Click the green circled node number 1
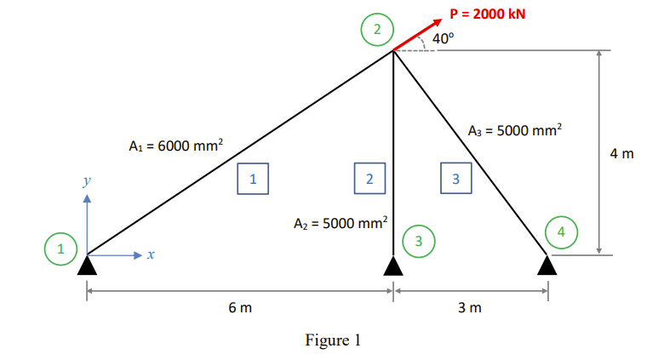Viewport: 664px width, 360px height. click(x=60, y=250)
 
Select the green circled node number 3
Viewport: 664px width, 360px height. click(x=418, y=241)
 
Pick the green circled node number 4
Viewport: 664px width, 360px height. click(x=560, y=231)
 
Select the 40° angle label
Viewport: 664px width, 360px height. click(x=444, y=38)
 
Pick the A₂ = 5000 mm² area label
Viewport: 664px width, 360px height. click(x=340, y=224)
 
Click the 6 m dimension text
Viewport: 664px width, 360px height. click(x=239, y=307)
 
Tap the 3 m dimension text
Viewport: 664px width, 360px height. click(x=470, y=307)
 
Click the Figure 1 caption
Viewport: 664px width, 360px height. click(x=333, y=340)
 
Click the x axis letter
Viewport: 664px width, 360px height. click(x=150, y=254)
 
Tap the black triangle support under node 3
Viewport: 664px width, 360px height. click(x=392, y=266)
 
